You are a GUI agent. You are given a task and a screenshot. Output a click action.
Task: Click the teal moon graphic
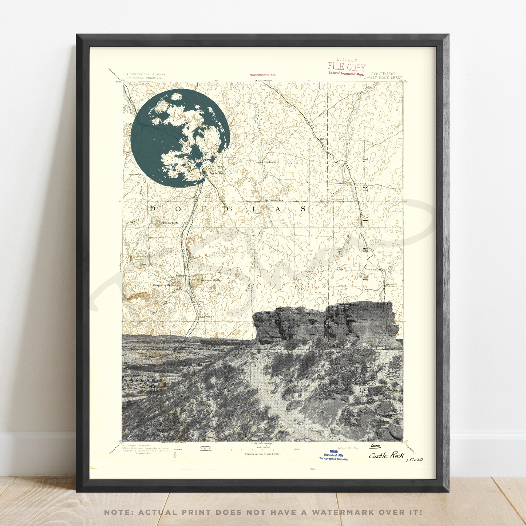point(180,138)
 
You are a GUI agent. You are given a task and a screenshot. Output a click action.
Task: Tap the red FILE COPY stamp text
point(347,67)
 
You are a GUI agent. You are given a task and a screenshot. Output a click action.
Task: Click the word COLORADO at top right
point(383,74)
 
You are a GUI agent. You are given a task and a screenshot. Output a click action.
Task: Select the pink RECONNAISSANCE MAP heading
point(262,75)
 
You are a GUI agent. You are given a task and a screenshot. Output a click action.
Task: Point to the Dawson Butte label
point(170,223)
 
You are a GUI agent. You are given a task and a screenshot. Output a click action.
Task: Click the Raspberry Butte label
point(163,285)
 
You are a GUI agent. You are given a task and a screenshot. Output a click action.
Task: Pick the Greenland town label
point(206,317)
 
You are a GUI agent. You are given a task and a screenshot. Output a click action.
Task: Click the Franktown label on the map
point(269,162)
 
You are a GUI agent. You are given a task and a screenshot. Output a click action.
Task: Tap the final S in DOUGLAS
point(303,209)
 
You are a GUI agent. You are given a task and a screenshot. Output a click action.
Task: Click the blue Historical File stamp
point(333,455)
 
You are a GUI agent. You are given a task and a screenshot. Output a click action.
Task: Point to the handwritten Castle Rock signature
point(387,455)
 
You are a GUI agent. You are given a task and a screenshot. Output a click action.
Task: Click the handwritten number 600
point(375,446)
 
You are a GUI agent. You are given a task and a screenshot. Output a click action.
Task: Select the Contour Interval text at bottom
point(262,454)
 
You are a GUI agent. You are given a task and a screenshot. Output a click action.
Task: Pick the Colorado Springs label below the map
point(262,443)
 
